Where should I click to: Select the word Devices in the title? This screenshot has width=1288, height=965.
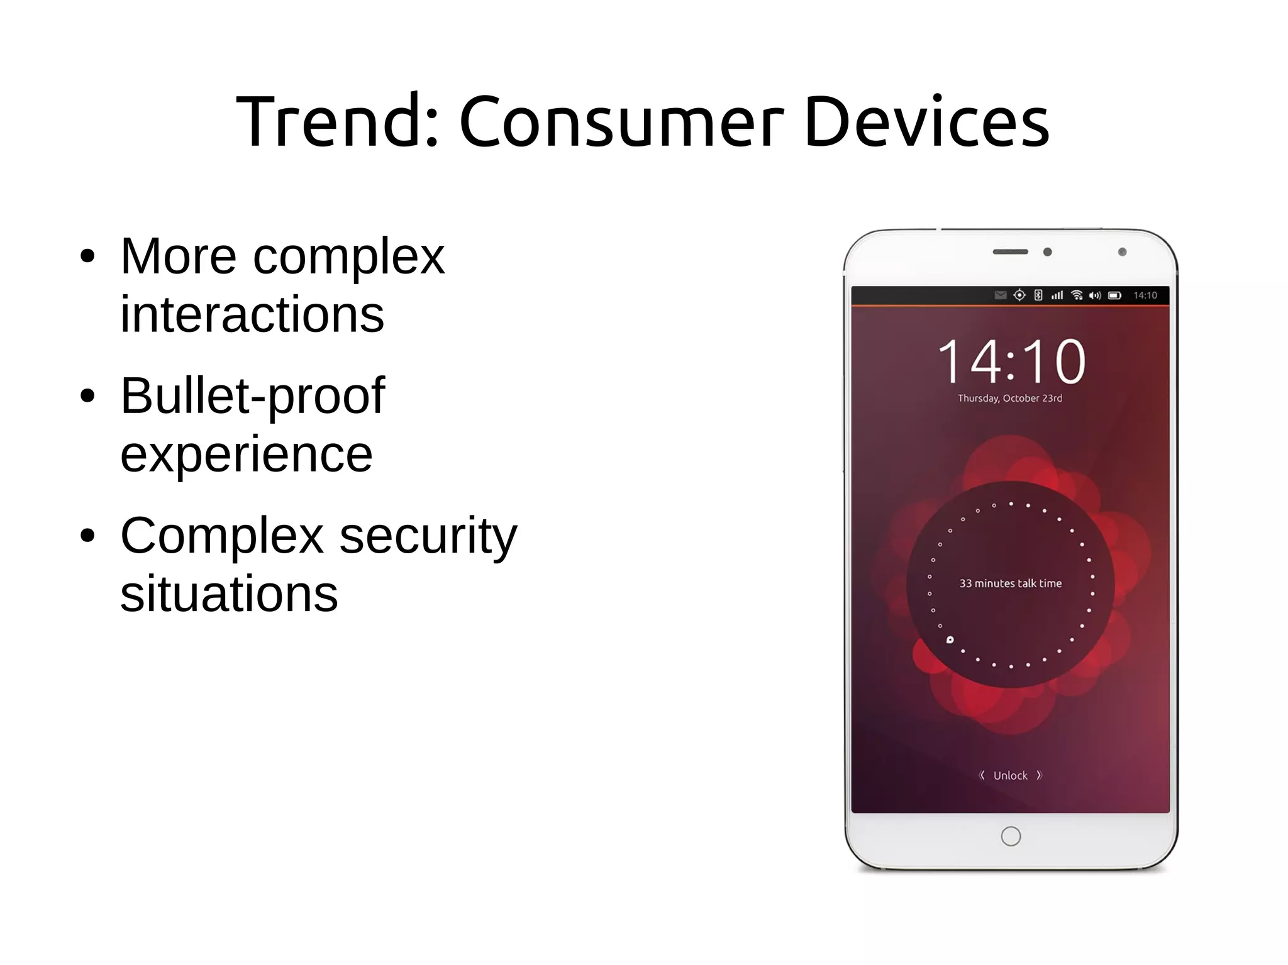(926, 121)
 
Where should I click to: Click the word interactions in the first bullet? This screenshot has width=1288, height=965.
(252, 314)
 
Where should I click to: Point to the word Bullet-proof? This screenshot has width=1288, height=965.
(252, 396)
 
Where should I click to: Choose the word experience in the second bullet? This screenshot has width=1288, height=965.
(246, 454)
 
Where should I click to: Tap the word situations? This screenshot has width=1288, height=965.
(229, 593)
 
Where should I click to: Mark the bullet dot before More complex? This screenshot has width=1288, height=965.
(87, 256)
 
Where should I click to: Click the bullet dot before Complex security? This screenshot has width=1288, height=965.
(87, 536)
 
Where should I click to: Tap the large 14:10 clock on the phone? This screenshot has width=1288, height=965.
(1011, 361)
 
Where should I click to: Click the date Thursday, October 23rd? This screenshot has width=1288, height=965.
(1009, 398)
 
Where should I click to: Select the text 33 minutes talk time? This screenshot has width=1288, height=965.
(1010, 583)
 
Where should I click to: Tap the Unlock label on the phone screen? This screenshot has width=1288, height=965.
(1010, 775)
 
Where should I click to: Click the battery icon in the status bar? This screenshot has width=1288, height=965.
(1114, 295)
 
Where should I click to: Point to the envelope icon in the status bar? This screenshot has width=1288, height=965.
(1000, 295)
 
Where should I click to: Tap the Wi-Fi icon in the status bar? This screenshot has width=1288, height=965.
(1077, 295)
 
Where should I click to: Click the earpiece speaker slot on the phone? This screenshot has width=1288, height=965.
(1010, 252)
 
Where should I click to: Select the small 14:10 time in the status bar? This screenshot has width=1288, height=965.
(1145, 295)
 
